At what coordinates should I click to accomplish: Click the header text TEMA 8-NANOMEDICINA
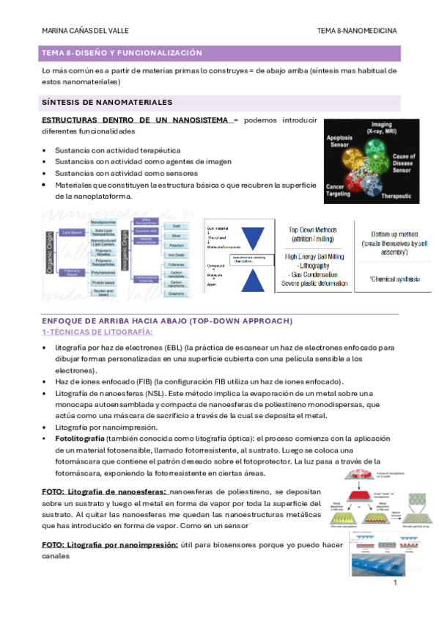point(357,32)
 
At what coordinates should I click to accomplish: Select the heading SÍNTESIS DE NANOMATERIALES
point(107,102)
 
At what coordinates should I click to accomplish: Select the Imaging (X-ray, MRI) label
point(381,127)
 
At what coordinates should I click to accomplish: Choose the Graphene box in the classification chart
point(176,293)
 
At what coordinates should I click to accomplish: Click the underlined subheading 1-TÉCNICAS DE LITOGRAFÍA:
point(97,331)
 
